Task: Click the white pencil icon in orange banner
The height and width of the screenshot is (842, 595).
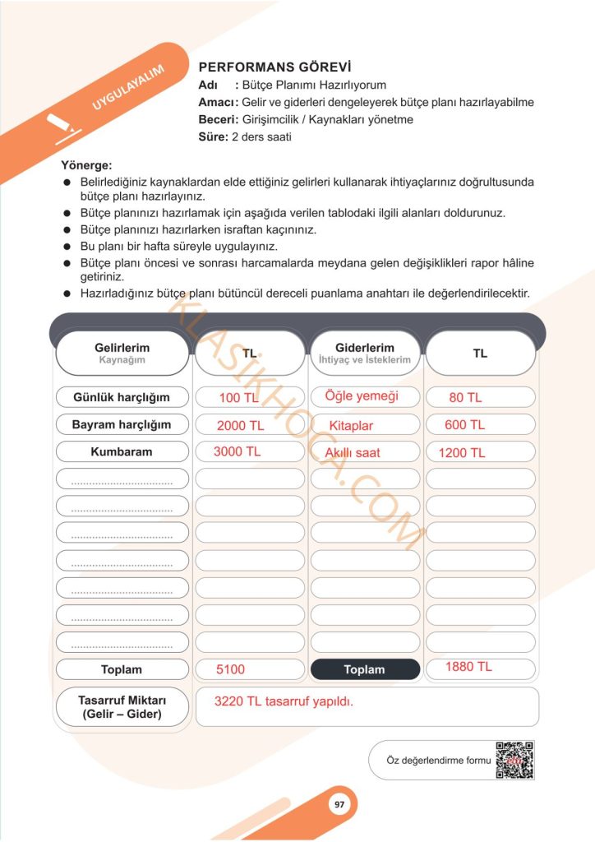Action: click(x=62, y=127)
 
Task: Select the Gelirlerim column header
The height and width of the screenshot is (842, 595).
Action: click(x=122, y=354)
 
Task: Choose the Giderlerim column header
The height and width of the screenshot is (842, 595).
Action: click(x=365, y=354)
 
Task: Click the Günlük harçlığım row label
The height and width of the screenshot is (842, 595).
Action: click(x=122, y=397)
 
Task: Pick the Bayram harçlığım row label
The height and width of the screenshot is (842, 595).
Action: click(x=122, y=425)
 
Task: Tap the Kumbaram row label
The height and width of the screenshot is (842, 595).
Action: click(x=122, y=452)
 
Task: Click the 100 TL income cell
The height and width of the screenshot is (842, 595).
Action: click(x=239, y=398)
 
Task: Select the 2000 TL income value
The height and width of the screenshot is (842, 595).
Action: click(x=240, y=426)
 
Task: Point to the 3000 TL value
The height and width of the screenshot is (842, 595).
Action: click(x=237, y=452)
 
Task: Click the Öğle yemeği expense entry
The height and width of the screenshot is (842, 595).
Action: click(x=362, y=396)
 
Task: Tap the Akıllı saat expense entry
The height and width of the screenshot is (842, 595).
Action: click(x=353, y=453)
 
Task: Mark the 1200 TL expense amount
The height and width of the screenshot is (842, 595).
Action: click(x=462, y=453)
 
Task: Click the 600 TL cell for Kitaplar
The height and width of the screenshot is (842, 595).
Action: click(x=465, y=425)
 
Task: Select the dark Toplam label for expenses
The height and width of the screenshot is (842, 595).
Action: click(x=365, y=669)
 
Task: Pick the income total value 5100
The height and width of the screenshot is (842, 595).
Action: click(x=231, y=669)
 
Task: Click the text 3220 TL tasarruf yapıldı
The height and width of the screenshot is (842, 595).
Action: click(x=284, y=701)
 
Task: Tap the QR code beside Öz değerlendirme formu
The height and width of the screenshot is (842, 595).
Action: click(x=514, y=760)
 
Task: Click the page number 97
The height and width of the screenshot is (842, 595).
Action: click(x=339, y=805)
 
